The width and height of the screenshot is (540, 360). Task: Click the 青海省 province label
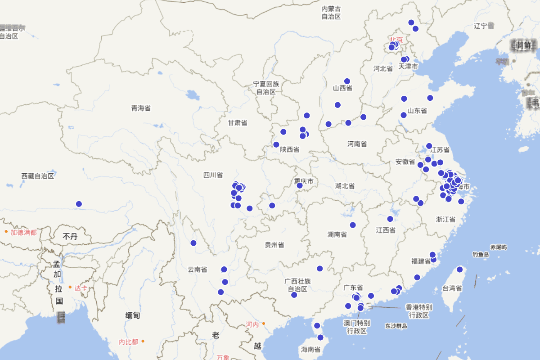141,108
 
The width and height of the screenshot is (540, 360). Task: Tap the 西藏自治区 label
38,176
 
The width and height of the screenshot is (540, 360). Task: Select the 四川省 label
213,175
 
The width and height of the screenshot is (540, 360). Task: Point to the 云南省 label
197,270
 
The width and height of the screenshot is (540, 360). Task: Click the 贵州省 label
274,245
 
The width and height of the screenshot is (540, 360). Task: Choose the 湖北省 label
345,186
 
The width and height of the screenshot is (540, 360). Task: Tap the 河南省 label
357,144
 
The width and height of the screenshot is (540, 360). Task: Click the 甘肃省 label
237,123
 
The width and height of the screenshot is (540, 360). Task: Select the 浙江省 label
445,220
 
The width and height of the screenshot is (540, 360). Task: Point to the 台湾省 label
452,288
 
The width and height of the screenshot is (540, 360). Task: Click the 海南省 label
310,349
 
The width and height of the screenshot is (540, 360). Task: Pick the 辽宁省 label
484,26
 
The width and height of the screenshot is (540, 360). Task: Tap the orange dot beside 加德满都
6,232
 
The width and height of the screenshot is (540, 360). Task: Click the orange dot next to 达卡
70,287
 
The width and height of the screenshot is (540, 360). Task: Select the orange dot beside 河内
264,324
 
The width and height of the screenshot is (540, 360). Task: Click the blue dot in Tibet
79,204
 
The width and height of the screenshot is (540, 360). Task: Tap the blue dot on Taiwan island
459,270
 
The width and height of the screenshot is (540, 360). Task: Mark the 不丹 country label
70,236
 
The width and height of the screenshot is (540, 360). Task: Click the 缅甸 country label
132,315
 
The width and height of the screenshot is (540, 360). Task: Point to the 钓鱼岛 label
481,255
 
